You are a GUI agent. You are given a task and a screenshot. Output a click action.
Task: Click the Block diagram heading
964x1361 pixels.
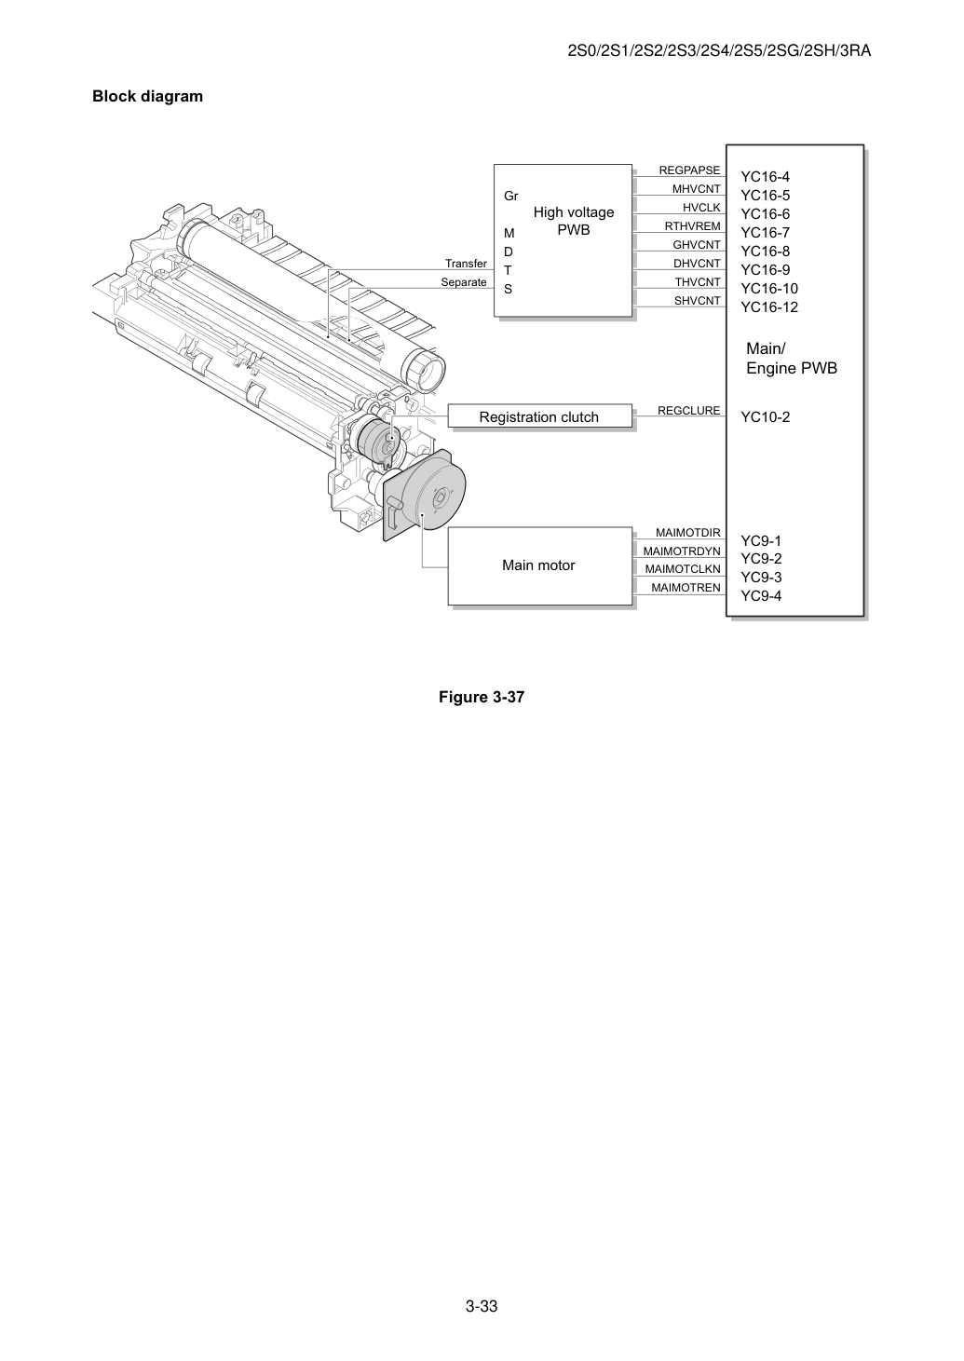pos(147,97)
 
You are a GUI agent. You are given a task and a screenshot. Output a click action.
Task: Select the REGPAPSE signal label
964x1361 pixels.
pos(689,170)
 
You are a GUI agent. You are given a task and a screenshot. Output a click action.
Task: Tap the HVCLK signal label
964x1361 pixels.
pos(701,208)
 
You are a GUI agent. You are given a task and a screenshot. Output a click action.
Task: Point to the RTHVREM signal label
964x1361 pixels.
pos(692,226)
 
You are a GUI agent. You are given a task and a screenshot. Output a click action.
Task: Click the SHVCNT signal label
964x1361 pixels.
pos(698,301)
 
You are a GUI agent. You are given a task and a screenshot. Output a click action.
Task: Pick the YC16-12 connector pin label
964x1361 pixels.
pos(769,307)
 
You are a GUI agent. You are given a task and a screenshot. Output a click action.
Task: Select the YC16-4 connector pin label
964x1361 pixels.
pos(766,177)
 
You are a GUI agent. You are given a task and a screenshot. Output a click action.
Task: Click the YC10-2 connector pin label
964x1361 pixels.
pos(766,417)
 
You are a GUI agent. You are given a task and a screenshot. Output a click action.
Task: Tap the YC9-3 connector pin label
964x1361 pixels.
pos(761,578)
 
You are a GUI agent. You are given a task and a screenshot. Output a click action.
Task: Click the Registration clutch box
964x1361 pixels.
pos(540,416)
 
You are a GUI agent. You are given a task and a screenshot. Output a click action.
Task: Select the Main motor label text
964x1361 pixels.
pos(538,565)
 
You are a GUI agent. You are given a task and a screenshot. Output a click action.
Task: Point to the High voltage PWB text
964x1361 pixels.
pos(574,221)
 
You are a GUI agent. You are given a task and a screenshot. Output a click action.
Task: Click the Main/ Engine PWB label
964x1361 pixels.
pos(792,359)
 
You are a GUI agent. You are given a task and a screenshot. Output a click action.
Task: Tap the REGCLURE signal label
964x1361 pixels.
pos(689,411)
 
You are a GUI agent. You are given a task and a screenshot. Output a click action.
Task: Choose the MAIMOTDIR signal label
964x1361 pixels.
pos(687,533)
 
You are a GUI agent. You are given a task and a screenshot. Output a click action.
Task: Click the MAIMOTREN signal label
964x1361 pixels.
pos(686,588)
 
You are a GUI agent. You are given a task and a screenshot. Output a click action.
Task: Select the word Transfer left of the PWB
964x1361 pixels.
pos(466,264)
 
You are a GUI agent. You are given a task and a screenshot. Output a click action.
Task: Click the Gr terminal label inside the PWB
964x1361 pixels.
pos(510,197)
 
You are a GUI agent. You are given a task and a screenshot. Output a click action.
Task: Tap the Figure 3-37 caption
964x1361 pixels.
pos(482,697)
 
